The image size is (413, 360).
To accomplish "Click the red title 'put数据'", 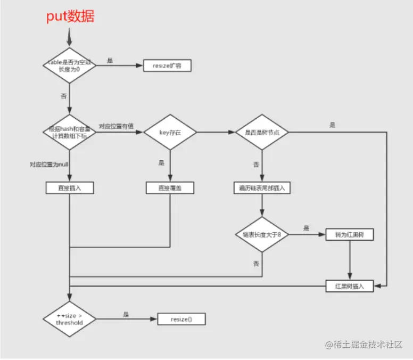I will pyautogui.click(x=70, y=17).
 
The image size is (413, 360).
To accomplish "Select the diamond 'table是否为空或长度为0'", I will pyautogui.click(x=69, y=66).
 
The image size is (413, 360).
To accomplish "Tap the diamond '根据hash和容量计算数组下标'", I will pyautogui.click(x=69, y=132).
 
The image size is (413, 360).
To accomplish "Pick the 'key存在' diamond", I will pyautogui.click(x=170, y=132).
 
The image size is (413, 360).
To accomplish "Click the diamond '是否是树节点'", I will pyautogui.click(x=261, y=132).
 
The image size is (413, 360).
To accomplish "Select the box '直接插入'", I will pyautogui.click(x=69, y=188).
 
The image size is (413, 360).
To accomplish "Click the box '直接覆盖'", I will pyautogui.click(x=170, y=188).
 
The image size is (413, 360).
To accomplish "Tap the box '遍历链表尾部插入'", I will pyautogui.click(x=261, y=188).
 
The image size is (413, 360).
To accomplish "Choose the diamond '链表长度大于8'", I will pyautogui.click(x=261, y=234).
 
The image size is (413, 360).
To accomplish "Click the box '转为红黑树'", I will pyautogui.click(x=349, y=234).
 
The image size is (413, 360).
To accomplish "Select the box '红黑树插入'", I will pyautogui.click(x=349, y=286).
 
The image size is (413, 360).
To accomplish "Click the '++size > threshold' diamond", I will pyautogui.click(x=69, y=319).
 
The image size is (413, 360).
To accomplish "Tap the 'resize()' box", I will pyautogui.click(x=181, y=319).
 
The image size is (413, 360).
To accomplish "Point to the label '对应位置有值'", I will pyautogui.click(x=116, y=126).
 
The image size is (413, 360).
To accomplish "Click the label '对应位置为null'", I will pyautogui.click(x=47, y=164).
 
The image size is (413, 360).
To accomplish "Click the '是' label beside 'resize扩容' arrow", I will pyautogui.click(x=110, y=61).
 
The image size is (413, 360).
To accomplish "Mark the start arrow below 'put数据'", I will pyautogui.click(x=69, y=36).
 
